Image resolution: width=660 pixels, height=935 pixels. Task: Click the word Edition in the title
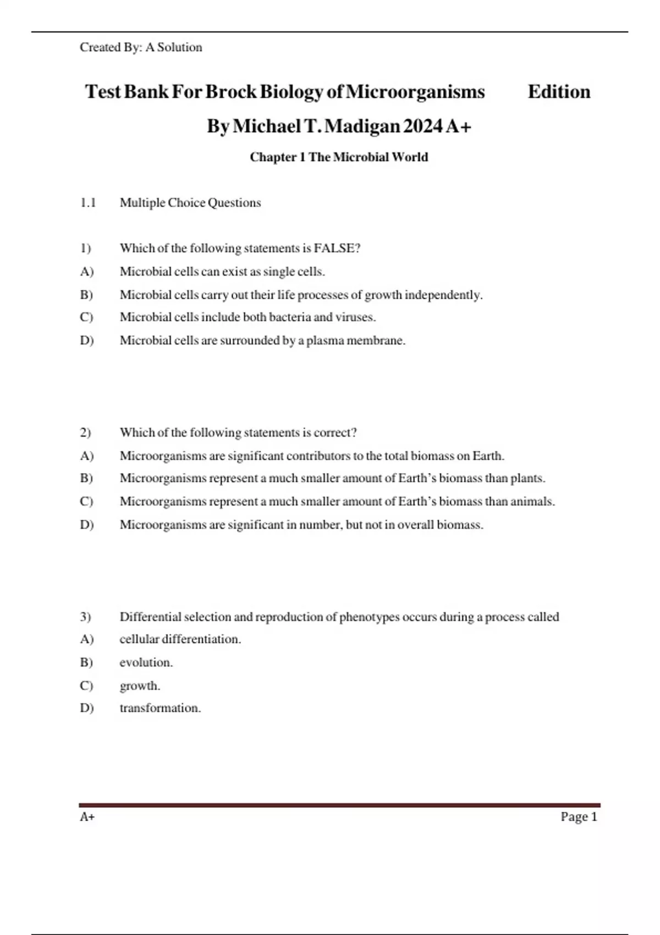(x=559, y=92)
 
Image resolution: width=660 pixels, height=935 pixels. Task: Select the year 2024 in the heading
(x=422, y=126)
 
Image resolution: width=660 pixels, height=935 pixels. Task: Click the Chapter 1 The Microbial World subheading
(x=339, y=157)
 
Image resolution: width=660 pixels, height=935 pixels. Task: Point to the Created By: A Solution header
(x=141, y=47)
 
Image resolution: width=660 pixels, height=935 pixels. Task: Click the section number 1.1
(x=88, y=203)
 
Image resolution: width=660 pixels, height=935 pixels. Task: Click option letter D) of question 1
(x=87, y=340)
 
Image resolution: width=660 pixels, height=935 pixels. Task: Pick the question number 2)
(x=85, y=433)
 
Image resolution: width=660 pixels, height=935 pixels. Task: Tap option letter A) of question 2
(x=87, y=456)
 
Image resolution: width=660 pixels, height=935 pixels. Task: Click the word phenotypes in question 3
(x=369, y=617)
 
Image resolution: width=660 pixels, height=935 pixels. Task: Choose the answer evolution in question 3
(x=146, y=663)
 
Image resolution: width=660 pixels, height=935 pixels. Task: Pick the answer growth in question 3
(x=140, y=686)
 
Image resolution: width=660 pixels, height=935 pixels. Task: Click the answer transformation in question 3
(x=160, y=708)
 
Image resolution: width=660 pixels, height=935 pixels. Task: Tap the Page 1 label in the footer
(x=579, y=817)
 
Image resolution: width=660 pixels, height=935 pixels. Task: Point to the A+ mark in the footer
(x=87, y=817)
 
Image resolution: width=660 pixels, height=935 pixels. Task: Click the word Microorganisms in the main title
(x=415, y=92)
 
